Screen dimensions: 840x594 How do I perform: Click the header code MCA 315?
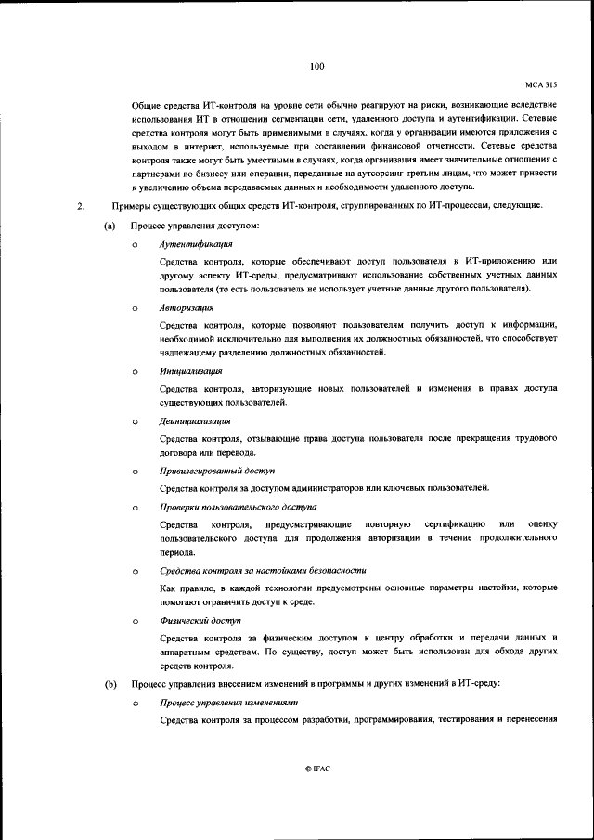pyautogui.click(x=539, y=84)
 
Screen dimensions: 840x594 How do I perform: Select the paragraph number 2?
pyautogui.click(x=82, y=205)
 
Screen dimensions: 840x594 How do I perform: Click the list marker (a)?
pyautogui.click(x=110, y=226)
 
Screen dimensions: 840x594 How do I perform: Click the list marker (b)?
pyautogui.click(x=110, y=683)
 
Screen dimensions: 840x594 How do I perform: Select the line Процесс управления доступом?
pyautogui.click(x=195, y=226)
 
